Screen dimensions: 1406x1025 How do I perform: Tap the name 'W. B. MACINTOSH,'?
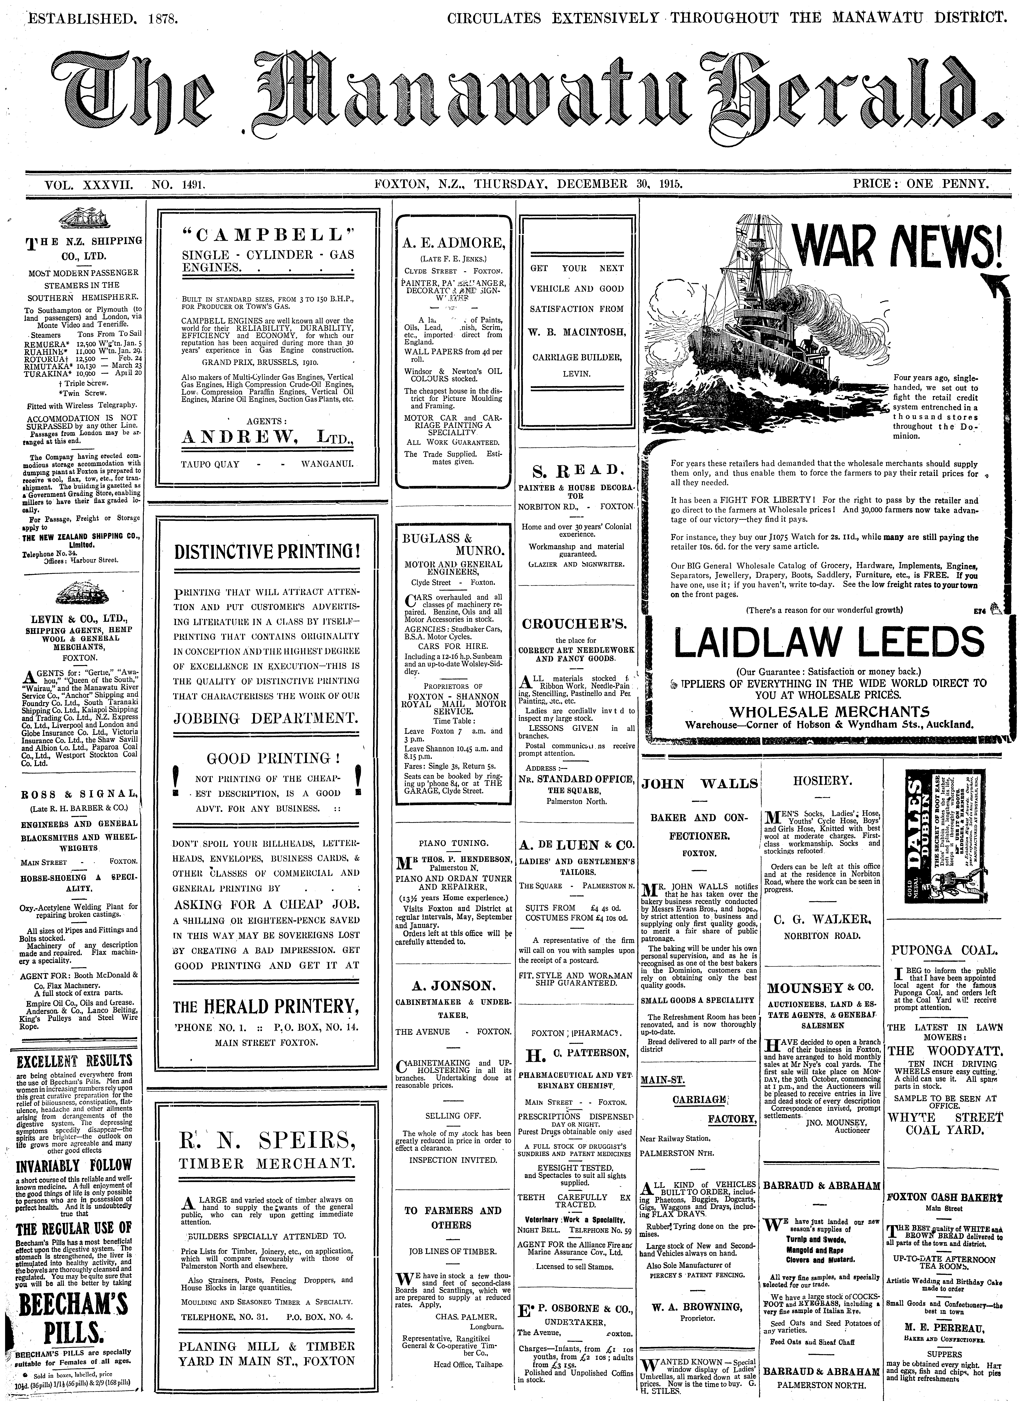(x=576, y=333)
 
